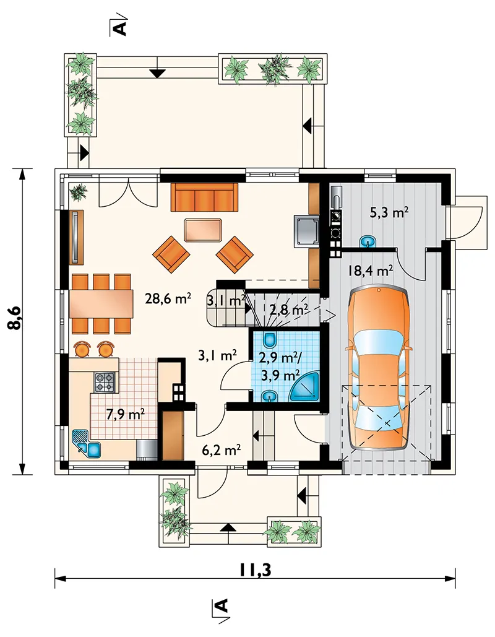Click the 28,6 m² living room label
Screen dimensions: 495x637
click(x=168, y=299)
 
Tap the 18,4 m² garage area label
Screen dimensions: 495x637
click(x=371, y=270)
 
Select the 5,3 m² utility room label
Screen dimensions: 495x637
click(x=389, y=212)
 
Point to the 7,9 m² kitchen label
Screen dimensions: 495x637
click(x=126, y=414)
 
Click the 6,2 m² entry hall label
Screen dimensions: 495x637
click(x=222, y=449)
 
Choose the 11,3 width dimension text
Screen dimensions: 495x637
click(x=255, y=570)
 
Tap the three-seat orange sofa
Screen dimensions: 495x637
click(x=204, y=197)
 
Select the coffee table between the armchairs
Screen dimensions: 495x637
click(x=204, y=230)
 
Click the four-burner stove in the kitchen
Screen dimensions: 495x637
click(x=105, y=382)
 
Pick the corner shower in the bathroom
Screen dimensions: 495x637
click(x=306, y=386)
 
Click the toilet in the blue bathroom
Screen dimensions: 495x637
click(x=269, y=338)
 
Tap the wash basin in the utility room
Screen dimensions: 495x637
click(x=369, y=241)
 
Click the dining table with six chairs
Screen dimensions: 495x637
click(x=101, y=303)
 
